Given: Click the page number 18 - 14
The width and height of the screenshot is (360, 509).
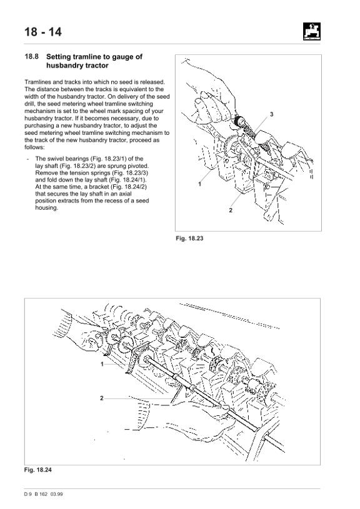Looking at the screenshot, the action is pyautogui.click(x=43, y=32).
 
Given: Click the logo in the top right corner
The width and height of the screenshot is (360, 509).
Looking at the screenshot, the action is pyautogui.click(x=312, y=31).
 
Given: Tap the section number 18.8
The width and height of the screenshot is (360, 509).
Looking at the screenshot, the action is pyautogui.click(x=31, y=56).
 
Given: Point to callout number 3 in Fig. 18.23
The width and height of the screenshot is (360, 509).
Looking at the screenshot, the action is pyautogui.click(x=272, y=114).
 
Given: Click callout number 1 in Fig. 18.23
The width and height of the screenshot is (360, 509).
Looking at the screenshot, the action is pyautogui.click(x=200, y=184).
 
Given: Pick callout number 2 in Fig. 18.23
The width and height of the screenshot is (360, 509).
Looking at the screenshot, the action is pyautogui.click(x=231, y=210).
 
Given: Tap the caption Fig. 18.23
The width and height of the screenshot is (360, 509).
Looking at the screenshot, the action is pyautogui.click(x=189, y=239).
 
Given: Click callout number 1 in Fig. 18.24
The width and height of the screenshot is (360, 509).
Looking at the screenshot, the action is pyautogui.click(x=102, y=364).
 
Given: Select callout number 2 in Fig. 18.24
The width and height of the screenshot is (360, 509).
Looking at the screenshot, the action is pyautogui.click(x=102, y=398).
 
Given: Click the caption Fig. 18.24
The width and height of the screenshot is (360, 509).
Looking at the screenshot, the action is pyautogui.click(x=37, y=470).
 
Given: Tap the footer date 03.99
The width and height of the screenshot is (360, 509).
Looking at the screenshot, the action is pyautogui.click(x=56, y=494).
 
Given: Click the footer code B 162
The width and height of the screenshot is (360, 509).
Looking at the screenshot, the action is pyautogui.click(x=41, y=494).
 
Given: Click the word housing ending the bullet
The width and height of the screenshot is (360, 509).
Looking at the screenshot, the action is pyautogui.click(x=46, y=208).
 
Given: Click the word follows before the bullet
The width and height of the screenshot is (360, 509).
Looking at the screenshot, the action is pyautogui.click(x=34, y=147).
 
